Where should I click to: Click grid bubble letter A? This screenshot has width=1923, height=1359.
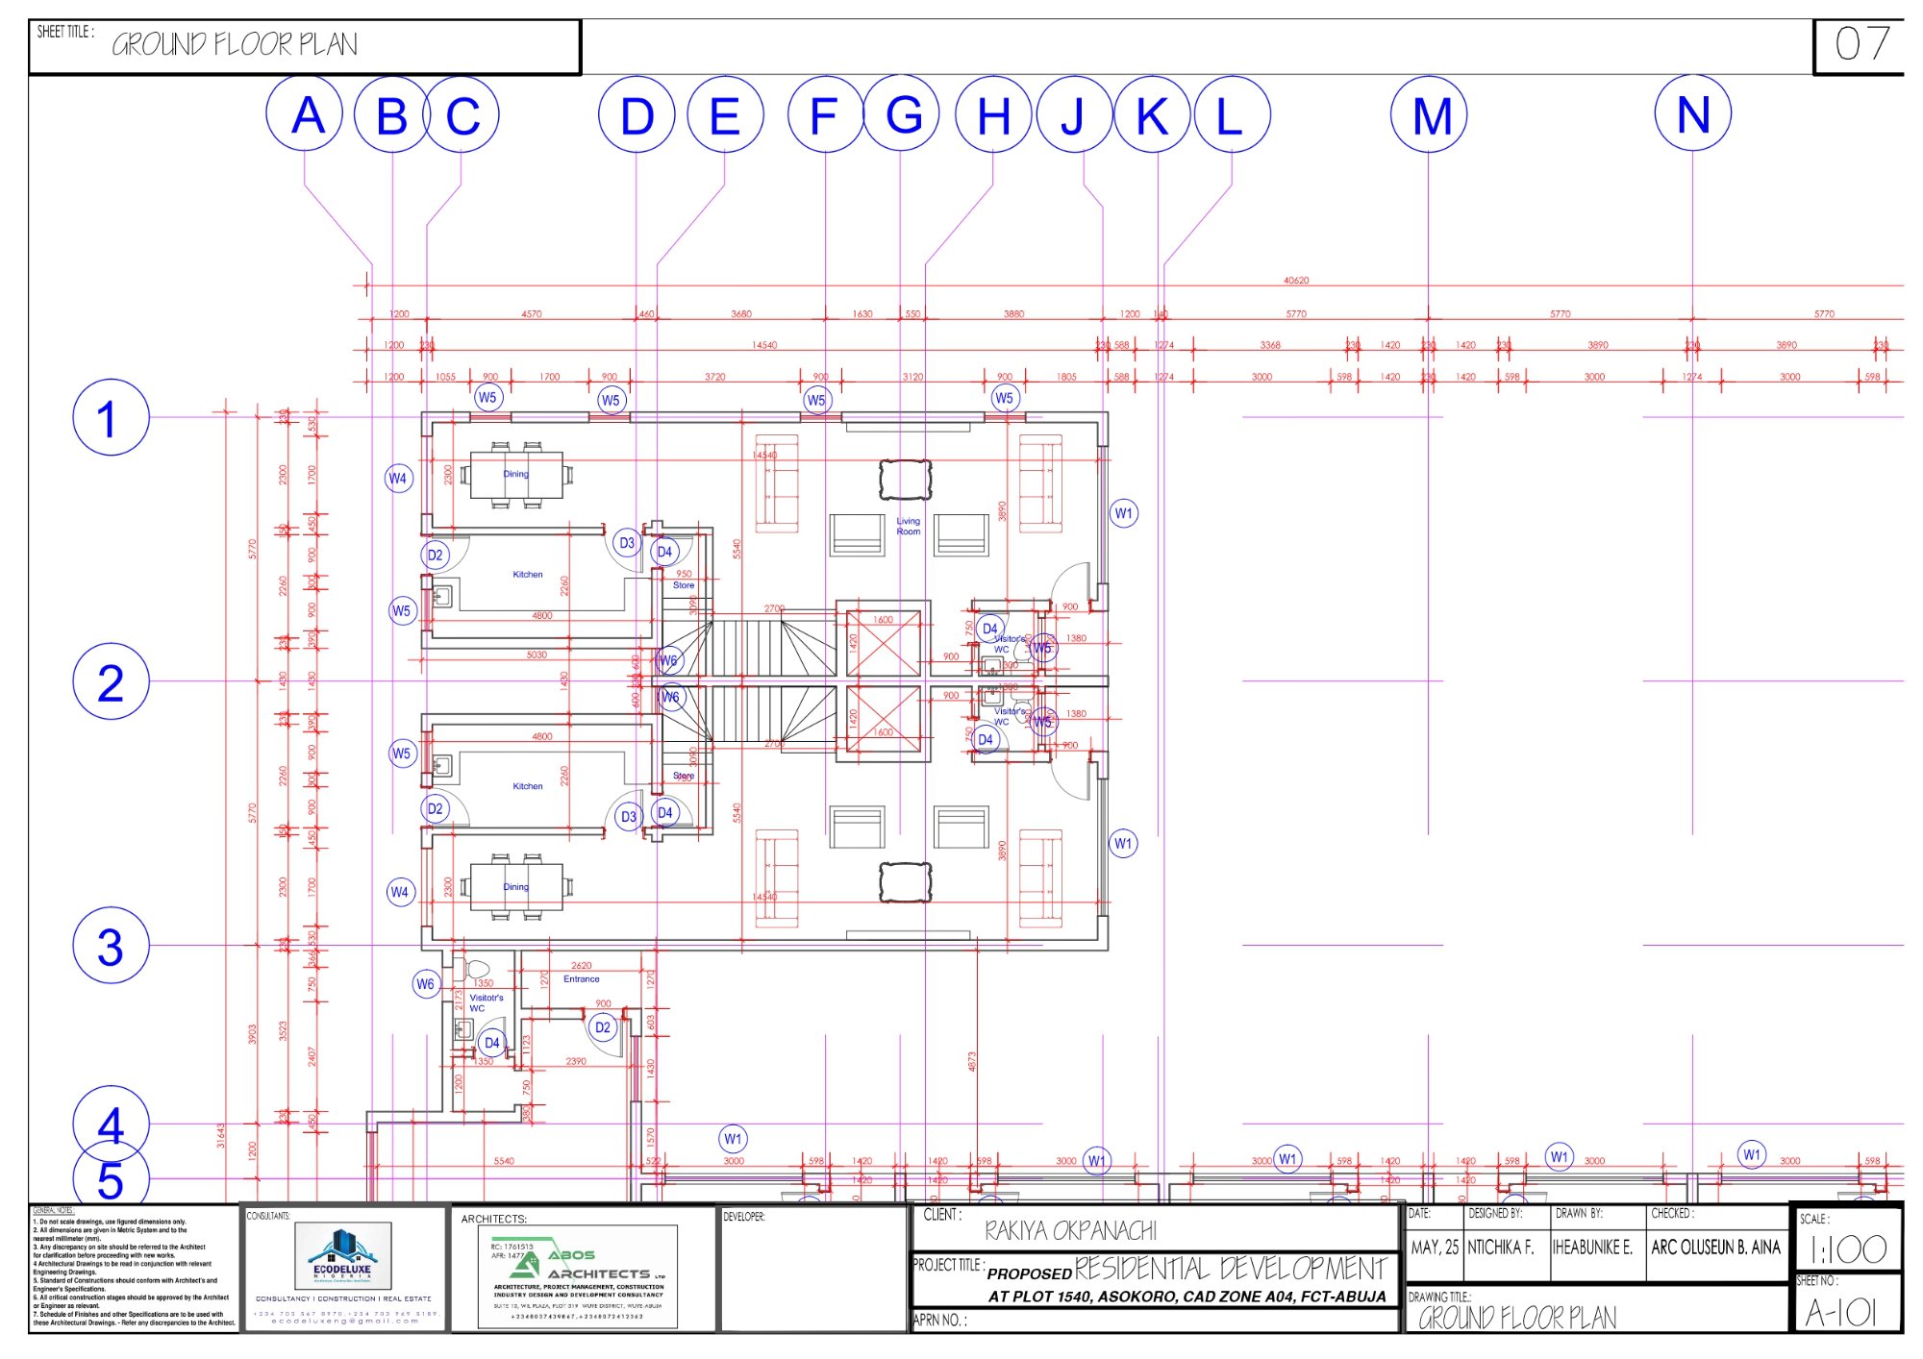pyautogui.click(x=305, y=115)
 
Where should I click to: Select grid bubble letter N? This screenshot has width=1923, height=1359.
pyautogui.click(x=1692, y=114)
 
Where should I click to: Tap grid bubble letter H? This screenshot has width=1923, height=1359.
pyautogui.click(x=993, y=115)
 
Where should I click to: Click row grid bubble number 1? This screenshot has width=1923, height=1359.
pyautogui.click(x=111, y=417)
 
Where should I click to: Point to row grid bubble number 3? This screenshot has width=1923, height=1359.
pyautogui.click(x=111, y=946)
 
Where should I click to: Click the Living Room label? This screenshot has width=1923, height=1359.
pyautogui.click(x=908, y=526)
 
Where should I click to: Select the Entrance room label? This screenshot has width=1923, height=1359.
pyautogui.click(x=581, y=978)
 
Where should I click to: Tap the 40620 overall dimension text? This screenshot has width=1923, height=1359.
pyautogui.click(x=1295, y=281)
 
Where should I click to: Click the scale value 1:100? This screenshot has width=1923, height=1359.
pyautogui.click(x=1847, y=1249)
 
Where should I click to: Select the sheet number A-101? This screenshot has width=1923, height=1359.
pyautogui.click(x=1840, y=1312)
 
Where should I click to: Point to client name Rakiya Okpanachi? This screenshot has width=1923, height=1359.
pyautogui.click(x=1070, y=1230)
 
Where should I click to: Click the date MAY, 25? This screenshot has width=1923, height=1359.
pyautogui.click(x=1434, y=1248)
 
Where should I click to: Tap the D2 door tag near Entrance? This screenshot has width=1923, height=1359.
pyautogui.click(x=602, y=1027)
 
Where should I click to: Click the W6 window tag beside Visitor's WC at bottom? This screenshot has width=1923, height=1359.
pyautogui.click(x=425, y=983)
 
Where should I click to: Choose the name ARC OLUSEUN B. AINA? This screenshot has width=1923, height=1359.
pyautogui.click(x=1715, y=1248)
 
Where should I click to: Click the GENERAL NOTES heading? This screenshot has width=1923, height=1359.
pyautogui.click(x=53, y=1211)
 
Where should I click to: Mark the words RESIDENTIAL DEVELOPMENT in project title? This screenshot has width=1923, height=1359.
pyautogui.click(x=1231, y=1269)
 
